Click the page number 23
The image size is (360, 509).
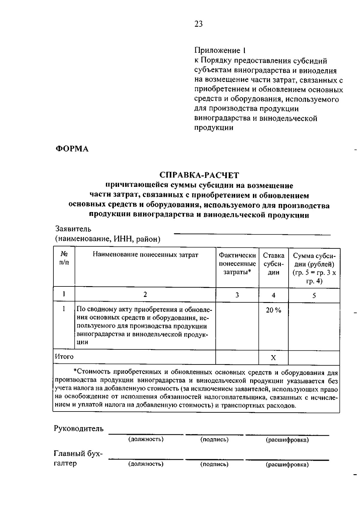(198, 24)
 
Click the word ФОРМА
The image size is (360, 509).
(72, 149)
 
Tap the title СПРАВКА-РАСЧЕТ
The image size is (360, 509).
(199, 175)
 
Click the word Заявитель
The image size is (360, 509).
(73, 229)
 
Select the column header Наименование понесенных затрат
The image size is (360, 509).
(145, 255)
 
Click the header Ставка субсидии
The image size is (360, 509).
(273, 264)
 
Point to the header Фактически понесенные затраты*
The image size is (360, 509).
(237, 264)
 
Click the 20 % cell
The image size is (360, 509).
(273, 310)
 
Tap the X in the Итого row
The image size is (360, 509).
(273, 358)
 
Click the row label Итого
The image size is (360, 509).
(64, 357)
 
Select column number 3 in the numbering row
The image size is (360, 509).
(237, 295)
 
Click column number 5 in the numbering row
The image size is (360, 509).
(314, 296)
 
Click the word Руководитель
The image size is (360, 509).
(79, 429)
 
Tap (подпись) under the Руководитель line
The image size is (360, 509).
(214, 440)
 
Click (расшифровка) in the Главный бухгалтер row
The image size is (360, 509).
(287, 465)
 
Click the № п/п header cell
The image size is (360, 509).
(64, 258)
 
